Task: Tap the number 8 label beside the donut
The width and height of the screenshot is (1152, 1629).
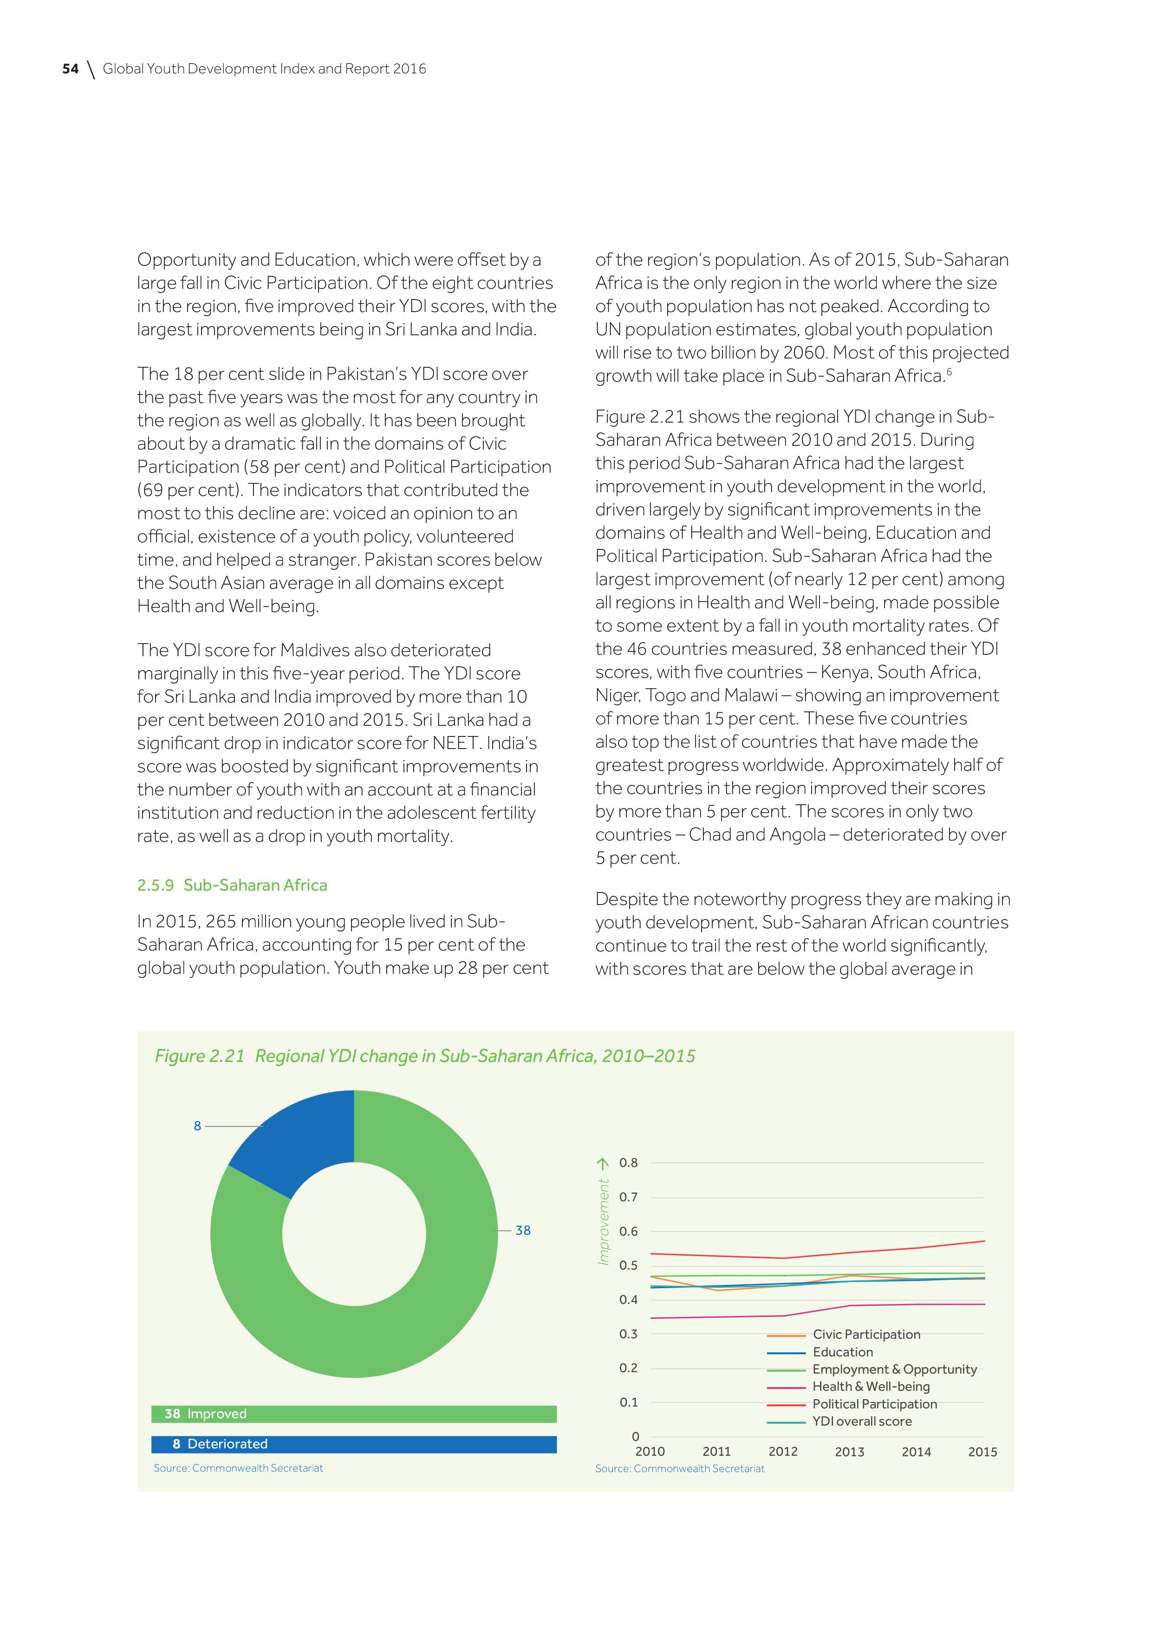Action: pyautogui.click(x=197, y=1126)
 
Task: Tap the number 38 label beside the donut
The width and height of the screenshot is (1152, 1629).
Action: pyautogui.click(x=523, y=1230)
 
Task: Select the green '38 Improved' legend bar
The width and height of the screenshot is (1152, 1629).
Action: pyautogui.click(x=353, y=1414)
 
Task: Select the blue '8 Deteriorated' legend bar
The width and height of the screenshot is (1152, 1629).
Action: pyautogui.click(x=353, y=1444)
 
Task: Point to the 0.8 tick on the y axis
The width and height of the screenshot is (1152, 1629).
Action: pyautogui.click(x=629, y=1163)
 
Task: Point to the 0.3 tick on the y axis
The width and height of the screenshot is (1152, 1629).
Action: pyautogui.click(x=629, y=1334)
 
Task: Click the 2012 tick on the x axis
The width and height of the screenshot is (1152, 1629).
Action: pyautogui.click(x=783, y=1452)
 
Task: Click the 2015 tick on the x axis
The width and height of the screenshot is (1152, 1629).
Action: pyautogui.click(x=983, y=1452)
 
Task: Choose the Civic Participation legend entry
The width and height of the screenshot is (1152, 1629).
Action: pyautogui.click(x=866, y=1335)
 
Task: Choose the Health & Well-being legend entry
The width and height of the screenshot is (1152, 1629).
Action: pyautogui.click(x=870, y=1386)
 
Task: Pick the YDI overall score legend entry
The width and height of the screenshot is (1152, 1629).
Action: pyautogui.click(x=862, y=1421)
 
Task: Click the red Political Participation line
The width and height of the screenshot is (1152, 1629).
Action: pyautogui.click(x=851, y=1252)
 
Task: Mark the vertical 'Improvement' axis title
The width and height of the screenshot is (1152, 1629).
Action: pyautogui.click(x=604, y=1222)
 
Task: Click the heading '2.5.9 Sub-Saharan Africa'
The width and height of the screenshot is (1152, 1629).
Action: pyautogui.click(x=232, y=886)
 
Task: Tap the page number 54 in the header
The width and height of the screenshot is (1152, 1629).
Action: pyautogui.click(x=70, y=69)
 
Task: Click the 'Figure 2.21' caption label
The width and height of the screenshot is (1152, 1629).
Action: pyautogui.click(x=199, y=1056)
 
